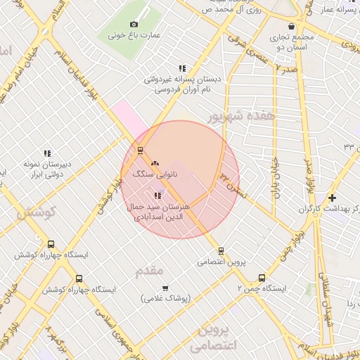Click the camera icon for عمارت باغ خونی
coord(134,25)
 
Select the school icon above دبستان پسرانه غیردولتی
coord(182,68)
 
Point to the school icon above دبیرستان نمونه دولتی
coord(47,153)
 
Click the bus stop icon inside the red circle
coord(141,150)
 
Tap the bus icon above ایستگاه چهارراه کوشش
coord(50,244)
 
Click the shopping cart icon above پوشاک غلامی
coord(165,288)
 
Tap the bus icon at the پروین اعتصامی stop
coord(221,250)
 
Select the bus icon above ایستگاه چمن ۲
coord(262,277)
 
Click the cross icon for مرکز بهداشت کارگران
coord(332,198)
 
